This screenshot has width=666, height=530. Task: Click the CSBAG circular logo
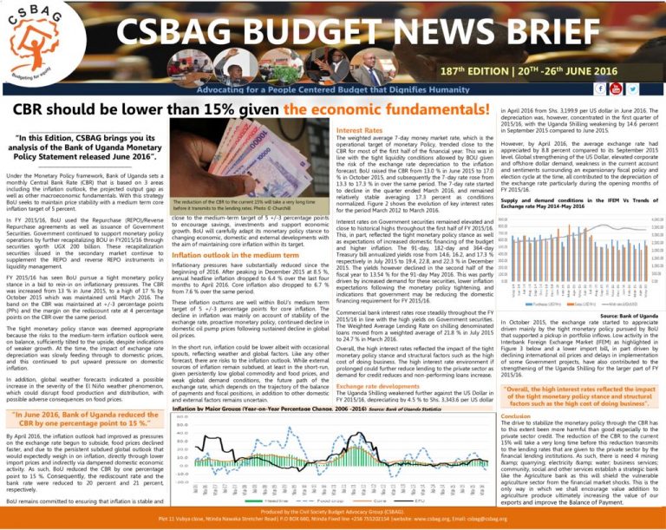pyautogui.click(x=36, y=38)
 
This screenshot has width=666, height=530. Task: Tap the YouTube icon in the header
pyautogui.click(x=606, y=88)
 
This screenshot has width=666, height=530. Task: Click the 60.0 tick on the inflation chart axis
pyautogui.click(x=180, y=416)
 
